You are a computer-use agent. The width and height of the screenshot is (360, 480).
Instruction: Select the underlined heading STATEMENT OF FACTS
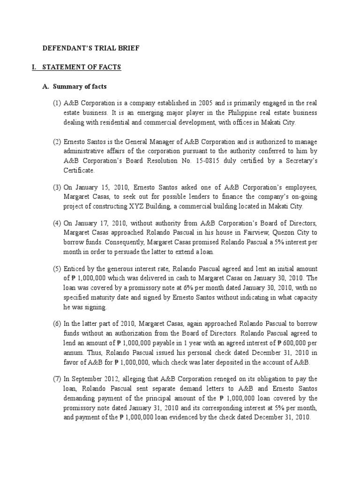pos(82,67)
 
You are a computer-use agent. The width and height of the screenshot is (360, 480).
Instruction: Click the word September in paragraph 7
pos(89,379)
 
